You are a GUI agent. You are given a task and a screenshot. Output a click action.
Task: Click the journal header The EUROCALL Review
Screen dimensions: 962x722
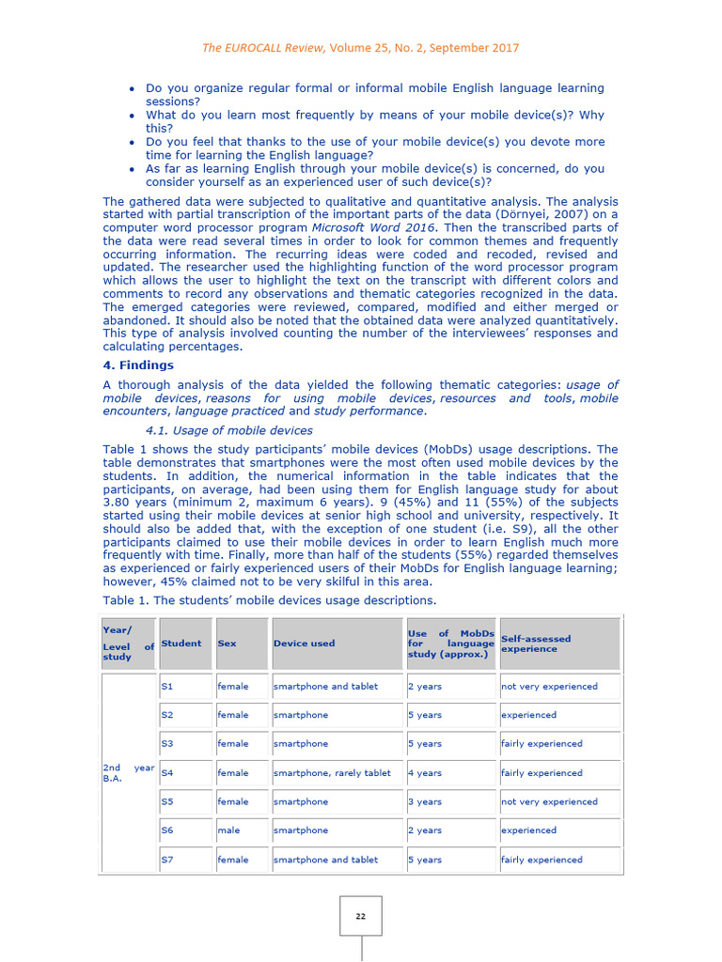coord(249,48)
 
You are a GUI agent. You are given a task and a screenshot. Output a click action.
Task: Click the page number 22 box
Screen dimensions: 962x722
coord(361,916)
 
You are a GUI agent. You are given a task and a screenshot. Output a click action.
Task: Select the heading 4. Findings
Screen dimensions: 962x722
coord(138,365)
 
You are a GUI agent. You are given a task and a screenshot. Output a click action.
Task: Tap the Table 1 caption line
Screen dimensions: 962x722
coord(269,599)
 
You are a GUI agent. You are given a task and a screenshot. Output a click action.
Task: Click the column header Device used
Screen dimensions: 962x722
coord(304,644)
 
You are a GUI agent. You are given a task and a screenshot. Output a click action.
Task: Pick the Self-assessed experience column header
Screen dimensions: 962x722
coord(536,644)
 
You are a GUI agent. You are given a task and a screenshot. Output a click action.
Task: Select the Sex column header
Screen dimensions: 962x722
coord(227,644)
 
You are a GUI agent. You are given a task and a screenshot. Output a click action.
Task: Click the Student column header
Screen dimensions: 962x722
coord(180,644)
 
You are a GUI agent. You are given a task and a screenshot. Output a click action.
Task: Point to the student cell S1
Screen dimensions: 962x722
coord(167,687)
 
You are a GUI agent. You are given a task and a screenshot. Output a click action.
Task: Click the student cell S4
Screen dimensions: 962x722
coord(167,773)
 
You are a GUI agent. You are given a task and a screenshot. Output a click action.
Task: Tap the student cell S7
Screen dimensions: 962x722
coord(167,860)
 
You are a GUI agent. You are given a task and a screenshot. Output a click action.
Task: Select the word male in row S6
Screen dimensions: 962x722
coord(228,830)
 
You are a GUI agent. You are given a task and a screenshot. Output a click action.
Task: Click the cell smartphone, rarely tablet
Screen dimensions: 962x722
coord(332,773)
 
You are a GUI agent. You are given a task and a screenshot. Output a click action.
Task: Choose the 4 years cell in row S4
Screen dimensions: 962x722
coord(424,773)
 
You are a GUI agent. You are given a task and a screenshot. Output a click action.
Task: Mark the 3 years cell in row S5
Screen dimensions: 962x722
coord(424,802)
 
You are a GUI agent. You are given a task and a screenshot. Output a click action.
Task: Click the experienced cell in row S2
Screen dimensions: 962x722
coord(528,715)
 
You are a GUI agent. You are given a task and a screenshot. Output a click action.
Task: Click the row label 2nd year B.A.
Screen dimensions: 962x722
coord(127,773)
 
